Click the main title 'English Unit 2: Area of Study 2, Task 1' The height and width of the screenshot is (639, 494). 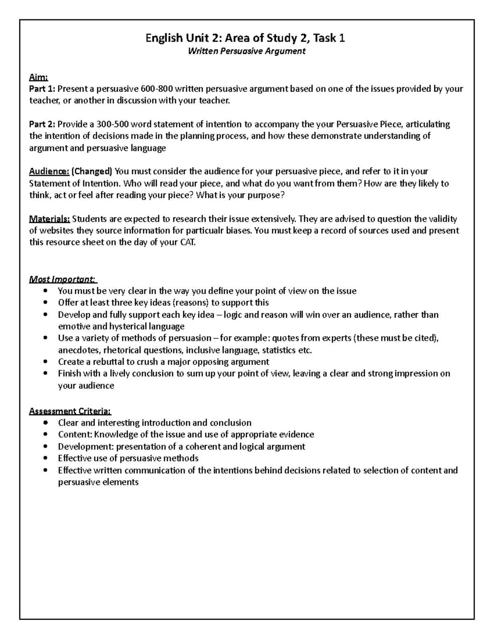coord(246,38)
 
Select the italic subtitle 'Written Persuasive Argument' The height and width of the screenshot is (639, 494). coord(246,51)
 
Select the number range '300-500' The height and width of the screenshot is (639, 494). coord(112,124)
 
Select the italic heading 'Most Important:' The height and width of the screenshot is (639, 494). coord(63,279)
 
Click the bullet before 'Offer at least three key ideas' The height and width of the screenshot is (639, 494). coord(45,303)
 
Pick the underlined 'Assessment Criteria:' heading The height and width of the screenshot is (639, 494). coord(70,411)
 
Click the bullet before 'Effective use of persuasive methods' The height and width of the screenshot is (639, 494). coord(45,458)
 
